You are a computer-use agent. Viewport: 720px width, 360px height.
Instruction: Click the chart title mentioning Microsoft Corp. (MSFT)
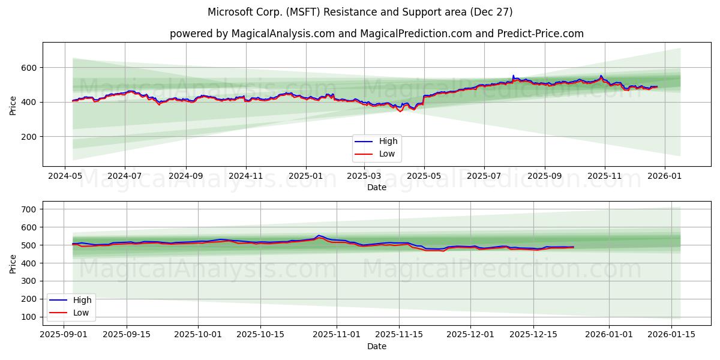pyautogui.click(x=360, y=12)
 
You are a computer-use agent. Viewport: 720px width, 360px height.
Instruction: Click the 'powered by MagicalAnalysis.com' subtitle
pyautogui.click(x=376, y=34)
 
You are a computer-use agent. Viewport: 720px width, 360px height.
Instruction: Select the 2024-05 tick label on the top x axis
pyautogui.click(x=65, y=176)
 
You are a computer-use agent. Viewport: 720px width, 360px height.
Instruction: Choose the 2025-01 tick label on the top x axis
pyautogui.click(x=306, y=176)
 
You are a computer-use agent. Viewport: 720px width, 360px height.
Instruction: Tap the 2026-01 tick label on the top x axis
pyautogui.click(x=665, y=176)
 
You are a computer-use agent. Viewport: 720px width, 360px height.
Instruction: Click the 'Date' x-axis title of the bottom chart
pyautogui.click(x=377, y=346)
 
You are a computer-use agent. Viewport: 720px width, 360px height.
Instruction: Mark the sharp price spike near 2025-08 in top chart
pyautogui.click(x=513, y=76)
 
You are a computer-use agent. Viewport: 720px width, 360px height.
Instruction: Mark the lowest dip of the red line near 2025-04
pyautogui.click(x=400, y=112)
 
